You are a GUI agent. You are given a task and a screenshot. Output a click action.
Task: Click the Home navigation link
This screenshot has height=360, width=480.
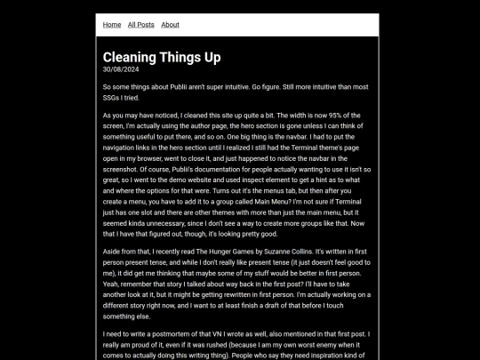112,25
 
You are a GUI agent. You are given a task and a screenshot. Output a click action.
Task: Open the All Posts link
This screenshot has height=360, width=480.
140,25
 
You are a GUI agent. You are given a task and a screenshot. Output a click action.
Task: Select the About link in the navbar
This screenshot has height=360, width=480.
170,25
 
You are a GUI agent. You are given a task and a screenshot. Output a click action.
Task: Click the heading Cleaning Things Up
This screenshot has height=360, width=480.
162,57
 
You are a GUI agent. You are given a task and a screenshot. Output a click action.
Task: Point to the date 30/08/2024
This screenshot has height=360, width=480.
120,69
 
